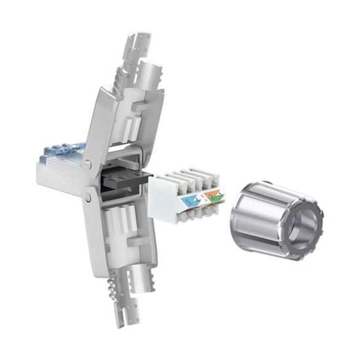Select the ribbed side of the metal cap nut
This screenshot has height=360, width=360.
tap(258, 212)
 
